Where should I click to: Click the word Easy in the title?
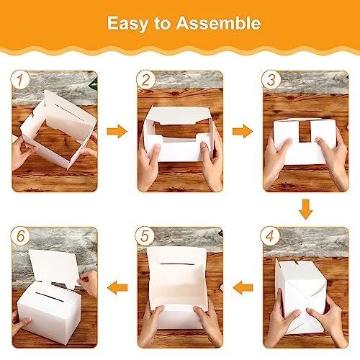(127, 24)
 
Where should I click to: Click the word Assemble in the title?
(218, 23)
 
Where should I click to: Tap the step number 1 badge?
(20, 80)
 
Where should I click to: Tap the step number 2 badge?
(145, 80)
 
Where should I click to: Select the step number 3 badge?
(271, 80)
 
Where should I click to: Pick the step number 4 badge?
(270, 236)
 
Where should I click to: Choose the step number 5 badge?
(145, 236)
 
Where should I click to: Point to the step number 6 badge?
(20, 236)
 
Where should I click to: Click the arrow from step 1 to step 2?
(117, 131)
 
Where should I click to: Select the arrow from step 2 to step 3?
(243, 131)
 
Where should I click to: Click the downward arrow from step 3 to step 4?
(306, 210)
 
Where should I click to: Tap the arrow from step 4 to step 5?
(243, 287)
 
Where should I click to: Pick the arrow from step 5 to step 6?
(117, 287)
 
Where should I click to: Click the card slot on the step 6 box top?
(50, 297)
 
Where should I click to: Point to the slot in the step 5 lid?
(177, 264)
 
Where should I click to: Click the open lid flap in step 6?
(55, 269)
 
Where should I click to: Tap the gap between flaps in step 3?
(305, 131)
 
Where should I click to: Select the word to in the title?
(162, 24)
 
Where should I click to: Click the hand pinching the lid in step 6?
(88, 283)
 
